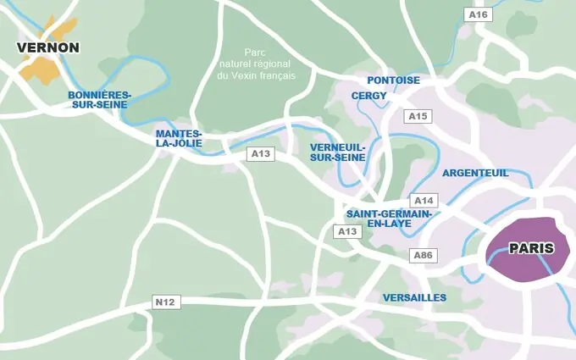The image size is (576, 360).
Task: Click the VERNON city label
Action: point(48,47)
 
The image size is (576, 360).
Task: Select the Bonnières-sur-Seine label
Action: point(99,99)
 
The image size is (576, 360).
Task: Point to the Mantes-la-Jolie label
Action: point(179,138)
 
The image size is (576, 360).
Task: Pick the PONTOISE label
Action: point(394,80)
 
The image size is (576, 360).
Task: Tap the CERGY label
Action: point(369,96)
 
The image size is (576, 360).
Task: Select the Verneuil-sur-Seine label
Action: point(338,152)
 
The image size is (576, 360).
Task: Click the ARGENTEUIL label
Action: point(475,173)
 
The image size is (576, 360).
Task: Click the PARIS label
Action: point(531,248)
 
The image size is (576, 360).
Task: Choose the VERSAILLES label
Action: point(414,297)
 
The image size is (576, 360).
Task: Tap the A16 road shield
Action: point(479,14)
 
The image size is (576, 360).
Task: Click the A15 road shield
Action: point(418,115)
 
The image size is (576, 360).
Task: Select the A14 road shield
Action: point(423,200)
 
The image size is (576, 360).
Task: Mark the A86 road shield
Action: point(423,255)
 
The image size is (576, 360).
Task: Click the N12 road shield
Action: point(164,302)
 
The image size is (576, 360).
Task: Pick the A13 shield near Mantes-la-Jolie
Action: point(260,153)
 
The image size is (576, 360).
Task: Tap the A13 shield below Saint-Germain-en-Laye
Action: point(347,231)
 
